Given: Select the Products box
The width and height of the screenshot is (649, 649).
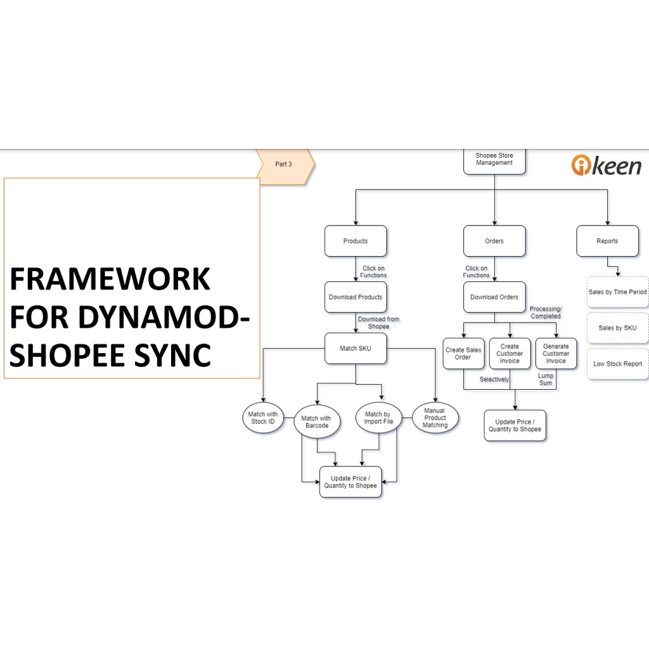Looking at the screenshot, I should pyautogui.click(x=356, y=241).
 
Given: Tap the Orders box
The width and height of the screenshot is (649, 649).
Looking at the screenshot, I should pyautogui.click(x=494, y=241).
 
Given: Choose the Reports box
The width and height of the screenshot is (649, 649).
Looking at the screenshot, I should pyautogui.click(x=607, y=241).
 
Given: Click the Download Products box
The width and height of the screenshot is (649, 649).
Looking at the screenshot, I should pyautogui.click(x=356, y=297).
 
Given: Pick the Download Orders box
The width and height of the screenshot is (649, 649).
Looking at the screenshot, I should pyautogui.click(x=494, y=297).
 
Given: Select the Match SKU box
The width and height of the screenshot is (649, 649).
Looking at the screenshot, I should pyautogui.click(x=356, y=348).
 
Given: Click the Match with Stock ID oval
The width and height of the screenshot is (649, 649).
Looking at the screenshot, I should pyautogui.click(x=263, y=418).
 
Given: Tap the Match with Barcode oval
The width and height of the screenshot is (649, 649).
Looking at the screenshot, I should pyautogui.click(x=317, y=421).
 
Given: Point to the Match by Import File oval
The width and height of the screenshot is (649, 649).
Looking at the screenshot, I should pyautogui.click(x=378, y=418).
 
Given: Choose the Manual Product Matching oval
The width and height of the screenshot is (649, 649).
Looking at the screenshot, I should pyautogui.click(x=435, y=418).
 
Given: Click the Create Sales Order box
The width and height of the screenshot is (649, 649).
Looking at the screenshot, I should pyautogui.click(x=463, y=354).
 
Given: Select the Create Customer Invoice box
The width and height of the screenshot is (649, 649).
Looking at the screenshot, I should pyautogui.click(x=510, y=354).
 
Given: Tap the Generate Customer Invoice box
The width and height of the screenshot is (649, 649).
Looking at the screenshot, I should pyautogui.click(x=556, y=354).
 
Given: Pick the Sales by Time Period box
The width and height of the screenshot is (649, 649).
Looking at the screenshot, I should pyautogui.click(x=617, y=292).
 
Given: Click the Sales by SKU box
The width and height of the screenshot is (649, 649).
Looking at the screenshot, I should pyautogui.click(x=617, y=328).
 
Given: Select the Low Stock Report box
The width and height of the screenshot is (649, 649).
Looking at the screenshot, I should pyautogui.click(x=617, y=364).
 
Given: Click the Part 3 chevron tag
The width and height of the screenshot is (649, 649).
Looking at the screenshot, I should pyautogui.click(x=285, y=164).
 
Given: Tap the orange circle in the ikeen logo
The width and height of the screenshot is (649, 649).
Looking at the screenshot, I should pyautogui.click(x=582, y=165).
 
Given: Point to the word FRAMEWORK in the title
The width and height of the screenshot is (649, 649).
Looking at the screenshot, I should pyautogui.click(x=110, y=279).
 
